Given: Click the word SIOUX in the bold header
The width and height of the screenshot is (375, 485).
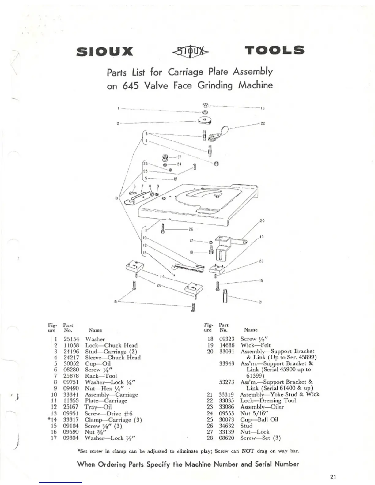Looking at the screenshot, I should (104, 51).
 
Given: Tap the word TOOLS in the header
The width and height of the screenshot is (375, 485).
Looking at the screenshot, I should (274, 50).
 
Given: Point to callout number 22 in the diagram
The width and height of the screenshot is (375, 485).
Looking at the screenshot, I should (263, 124).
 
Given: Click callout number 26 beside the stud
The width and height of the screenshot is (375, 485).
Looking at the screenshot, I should (191, 229).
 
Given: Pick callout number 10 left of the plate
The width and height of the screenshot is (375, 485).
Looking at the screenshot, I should (116, 198).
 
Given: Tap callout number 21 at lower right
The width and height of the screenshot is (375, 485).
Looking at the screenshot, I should (261, 302).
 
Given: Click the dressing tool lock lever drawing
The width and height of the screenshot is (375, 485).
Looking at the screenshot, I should (218, 134).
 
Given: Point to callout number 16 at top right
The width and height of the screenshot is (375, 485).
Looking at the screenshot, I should (263, 108).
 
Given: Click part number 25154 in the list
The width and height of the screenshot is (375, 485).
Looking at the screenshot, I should (71, 339).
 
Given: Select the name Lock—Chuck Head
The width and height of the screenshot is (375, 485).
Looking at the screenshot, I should (111, 345).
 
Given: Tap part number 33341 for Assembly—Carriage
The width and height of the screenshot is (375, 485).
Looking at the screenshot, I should (71, 395).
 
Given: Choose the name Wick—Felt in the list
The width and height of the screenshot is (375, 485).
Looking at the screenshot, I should (256, 345).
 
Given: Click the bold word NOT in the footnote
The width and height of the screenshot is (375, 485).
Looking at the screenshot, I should (248, 451).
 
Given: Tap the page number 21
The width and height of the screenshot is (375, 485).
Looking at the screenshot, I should (333, 477).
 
